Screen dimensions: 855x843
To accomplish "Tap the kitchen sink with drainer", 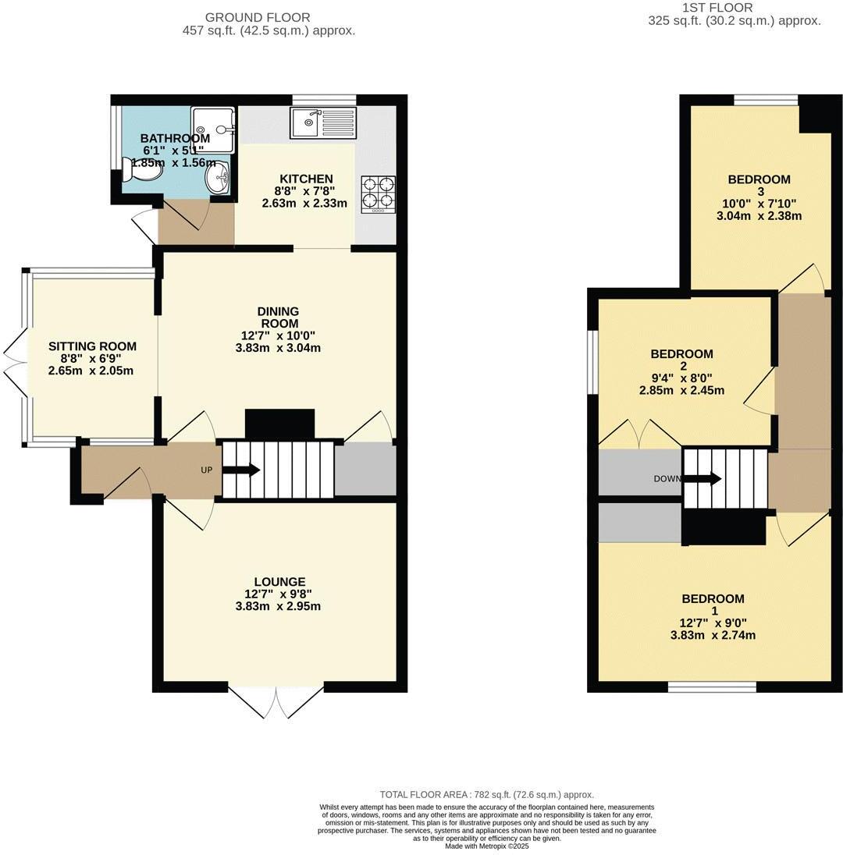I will (x=322, y=122).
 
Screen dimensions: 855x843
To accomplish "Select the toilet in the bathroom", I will (x=130, y=170).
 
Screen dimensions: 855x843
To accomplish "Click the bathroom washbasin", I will (x=219, y=178).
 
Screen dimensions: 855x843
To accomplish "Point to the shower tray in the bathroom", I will (x=212, y=129).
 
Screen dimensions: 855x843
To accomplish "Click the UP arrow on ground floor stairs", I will (x=241, y=470).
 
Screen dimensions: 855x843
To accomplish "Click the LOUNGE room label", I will (x=279, y=582).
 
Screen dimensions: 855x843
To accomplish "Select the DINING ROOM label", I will (x=278, y=318).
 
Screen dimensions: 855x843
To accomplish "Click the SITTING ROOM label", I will (x=92, y=346).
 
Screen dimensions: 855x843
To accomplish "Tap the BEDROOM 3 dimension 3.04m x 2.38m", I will (x=759, y=216).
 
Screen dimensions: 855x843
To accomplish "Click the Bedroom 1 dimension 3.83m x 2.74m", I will (x=713, y=635).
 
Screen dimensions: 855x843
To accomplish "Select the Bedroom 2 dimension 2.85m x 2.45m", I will (x=681, y=390).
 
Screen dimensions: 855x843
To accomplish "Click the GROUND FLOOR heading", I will (x=257, y=17).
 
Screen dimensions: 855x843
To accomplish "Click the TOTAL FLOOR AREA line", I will (x=486, y=794).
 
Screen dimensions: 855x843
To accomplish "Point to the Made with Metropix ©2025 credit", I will (x=486, y=846).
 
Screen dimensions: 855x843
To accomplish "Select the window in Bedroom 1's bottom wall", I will (x=712, y=686).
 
